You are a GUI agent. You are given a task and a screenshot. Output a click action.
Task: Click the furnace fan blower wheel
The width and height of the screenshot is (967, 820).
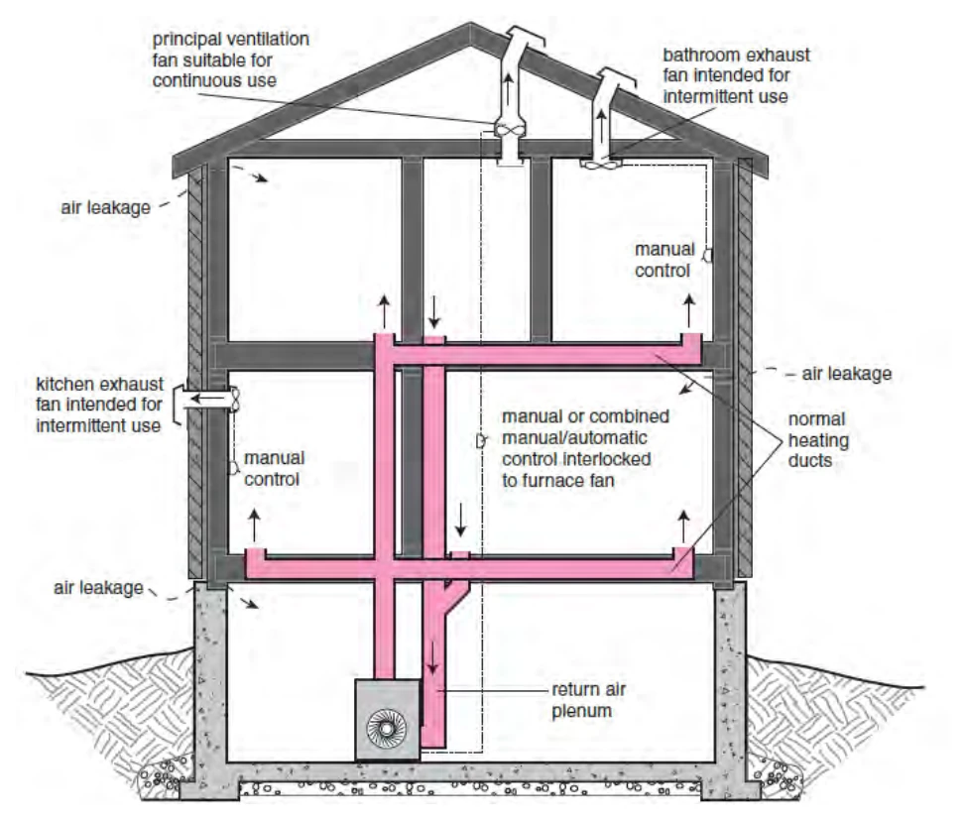[x=386, y=729]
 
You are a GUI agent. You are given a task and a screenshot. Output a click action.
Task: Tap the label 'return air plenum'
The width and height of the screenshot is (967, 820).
[x=588, y=700]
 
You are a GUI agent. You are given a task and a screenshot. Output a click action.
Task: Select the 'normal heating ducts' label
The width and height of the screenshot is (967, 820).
[x=818, y=439]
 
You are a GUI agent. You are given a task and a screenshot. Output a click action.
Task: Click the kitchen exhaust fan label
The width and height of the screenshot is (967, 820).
[x=99, y=405]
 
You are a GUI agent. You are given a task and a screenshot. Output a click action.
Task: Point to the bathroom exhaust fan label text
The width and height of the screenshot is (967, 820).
[x=736, y=75]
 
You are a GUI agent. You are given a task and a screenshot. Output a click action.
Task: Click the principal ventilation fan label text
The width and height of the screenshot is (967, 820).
[x=231, y=59]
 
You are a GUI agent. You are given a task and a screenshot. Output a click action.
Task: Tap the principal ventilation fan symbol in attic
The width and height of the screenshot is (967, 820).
[x=509, y=130]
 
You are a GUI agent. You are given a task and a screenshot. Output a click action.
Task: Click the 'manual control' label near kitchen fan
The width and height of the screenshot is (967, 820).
[x=274, y=469]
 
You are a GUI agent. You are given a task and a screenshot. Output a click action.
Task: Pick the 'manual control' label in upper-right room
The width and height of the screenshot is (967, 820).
[x=665, y=260]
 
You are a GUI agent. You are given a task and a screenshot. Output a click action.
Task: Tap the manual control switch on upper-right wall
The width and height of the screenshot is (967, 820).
[x=708, y=255]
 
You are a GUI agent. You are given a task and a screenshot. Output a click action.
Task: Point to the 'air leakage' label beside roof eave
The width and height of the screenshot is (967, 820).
[x=105, y=208]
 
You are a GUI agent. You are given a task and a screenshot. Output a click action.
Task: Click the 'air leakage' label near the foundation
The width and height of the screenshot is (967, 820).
[x=98, y=588]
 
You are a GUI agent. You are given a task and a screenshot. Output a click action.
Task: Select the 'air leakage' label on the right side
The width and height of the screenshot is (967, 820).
[x=847, y=373]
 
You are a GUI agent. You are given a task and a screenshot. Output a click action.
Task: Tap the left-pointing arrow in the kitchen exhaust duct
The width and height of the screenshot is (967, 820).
[x=206, y=399]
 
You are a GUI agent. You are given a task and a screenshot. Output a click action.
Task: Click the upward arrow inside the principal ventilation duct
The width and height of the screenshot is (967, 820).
[x=507, y=89]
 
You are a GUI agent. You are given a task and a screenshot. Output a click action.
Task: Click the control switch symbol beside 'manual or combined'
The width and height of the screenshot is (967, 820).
[x=481, y=440]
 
